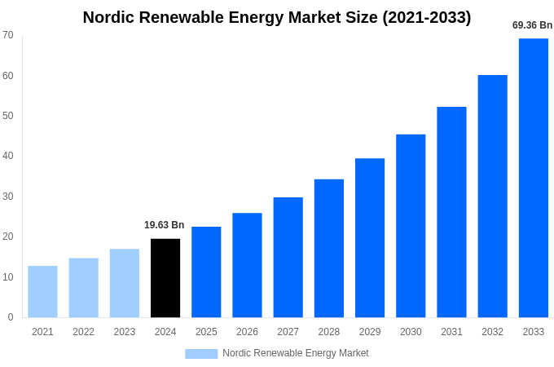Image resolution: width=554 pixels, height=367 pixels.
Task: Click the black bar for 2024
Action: coord(165,278)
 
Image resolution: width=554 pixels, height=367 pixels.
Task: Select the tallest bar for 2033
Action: coord(534,178)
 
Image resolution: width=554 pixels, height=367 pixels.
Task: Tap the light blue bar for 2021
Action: coord(42,291)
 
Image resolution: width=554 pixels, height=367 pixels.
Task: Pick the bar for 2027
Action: coord(288,257)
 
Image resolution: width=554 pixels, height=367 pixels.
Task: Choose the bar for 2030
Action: coord(411,226)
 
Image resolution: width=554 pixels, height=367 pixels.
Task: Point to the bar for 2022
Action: coord(83,288)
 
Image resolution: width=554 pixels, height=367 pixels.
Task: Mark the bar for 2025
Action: coord(206,272)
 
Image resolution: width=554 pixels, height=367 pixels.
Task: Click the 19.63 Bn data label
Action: coord(165,225)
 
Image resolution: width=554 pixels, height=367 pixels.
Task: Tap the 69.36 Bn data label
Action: coord(532,25)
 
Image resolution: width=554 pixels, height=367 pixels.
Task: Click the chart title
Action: coord(277,17)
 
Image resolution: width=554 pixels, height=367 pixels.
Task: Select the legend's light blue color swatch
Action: coord(201,353)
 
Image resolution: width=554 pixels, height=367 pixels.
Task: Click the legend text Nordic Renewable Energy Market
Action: coord(296,353)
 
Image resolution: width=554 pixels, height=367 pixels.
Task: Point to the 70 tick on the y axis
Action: coord(8,35)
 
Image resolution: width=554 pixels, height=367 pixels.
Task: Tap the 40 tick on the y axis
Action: coord(8,156)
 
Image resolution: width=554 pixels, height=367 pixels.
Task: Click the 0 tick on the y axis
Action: coord(11,317)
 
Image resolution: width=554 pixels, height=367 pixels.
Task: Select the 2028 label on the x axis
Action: coord(329,332)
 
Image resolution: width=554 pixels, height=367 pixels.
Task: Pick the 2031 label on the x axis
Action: coord(451,332)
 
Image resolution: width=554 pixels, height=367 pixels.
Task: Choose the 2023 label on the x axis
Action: coord(125,332)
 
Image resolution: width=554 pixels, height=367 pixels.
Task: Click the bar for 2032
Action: coord(492,196)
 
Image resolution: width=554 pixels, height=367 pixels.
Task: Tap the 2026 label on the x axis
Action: coord(247,332)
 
